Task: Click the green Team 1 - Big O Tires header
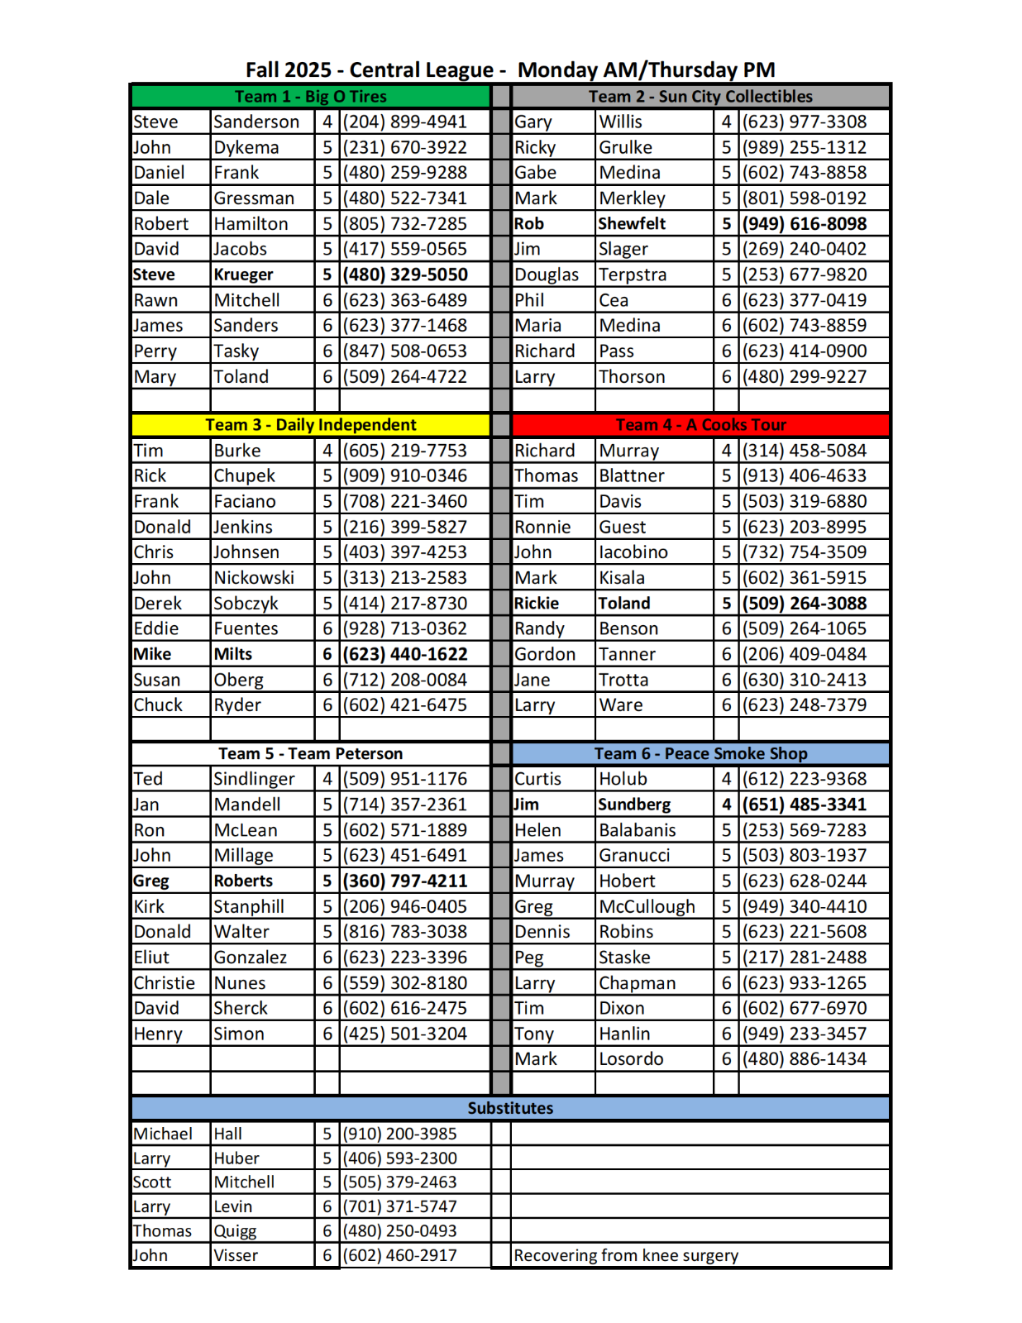coord(310,97)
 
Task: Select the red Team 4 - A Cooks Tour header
coord(700,425)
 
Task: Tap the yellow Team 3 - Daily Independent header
coord(310,425)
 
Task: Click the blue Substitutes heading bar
coord(510,1108)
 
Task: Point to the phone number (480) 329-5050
coord(405,275)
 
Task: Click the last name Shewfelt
coord(632,224)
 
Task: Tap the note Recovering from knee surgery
coord(626,1255)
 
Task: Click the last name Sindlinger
coord(254,779)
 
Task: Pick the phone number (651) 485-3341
coord(804,805)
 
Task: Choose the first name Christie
coord(165,983)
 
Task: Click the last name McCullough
coord(647,907)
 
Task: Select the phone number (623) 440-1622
coord(405,654)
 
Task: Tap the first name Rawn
coord(155,300)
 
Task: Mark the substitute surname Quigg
coord(235,1231)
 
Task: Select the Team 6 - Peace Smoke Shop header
coord(700,753)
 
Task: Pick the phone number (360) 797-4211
coord(405,881)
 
